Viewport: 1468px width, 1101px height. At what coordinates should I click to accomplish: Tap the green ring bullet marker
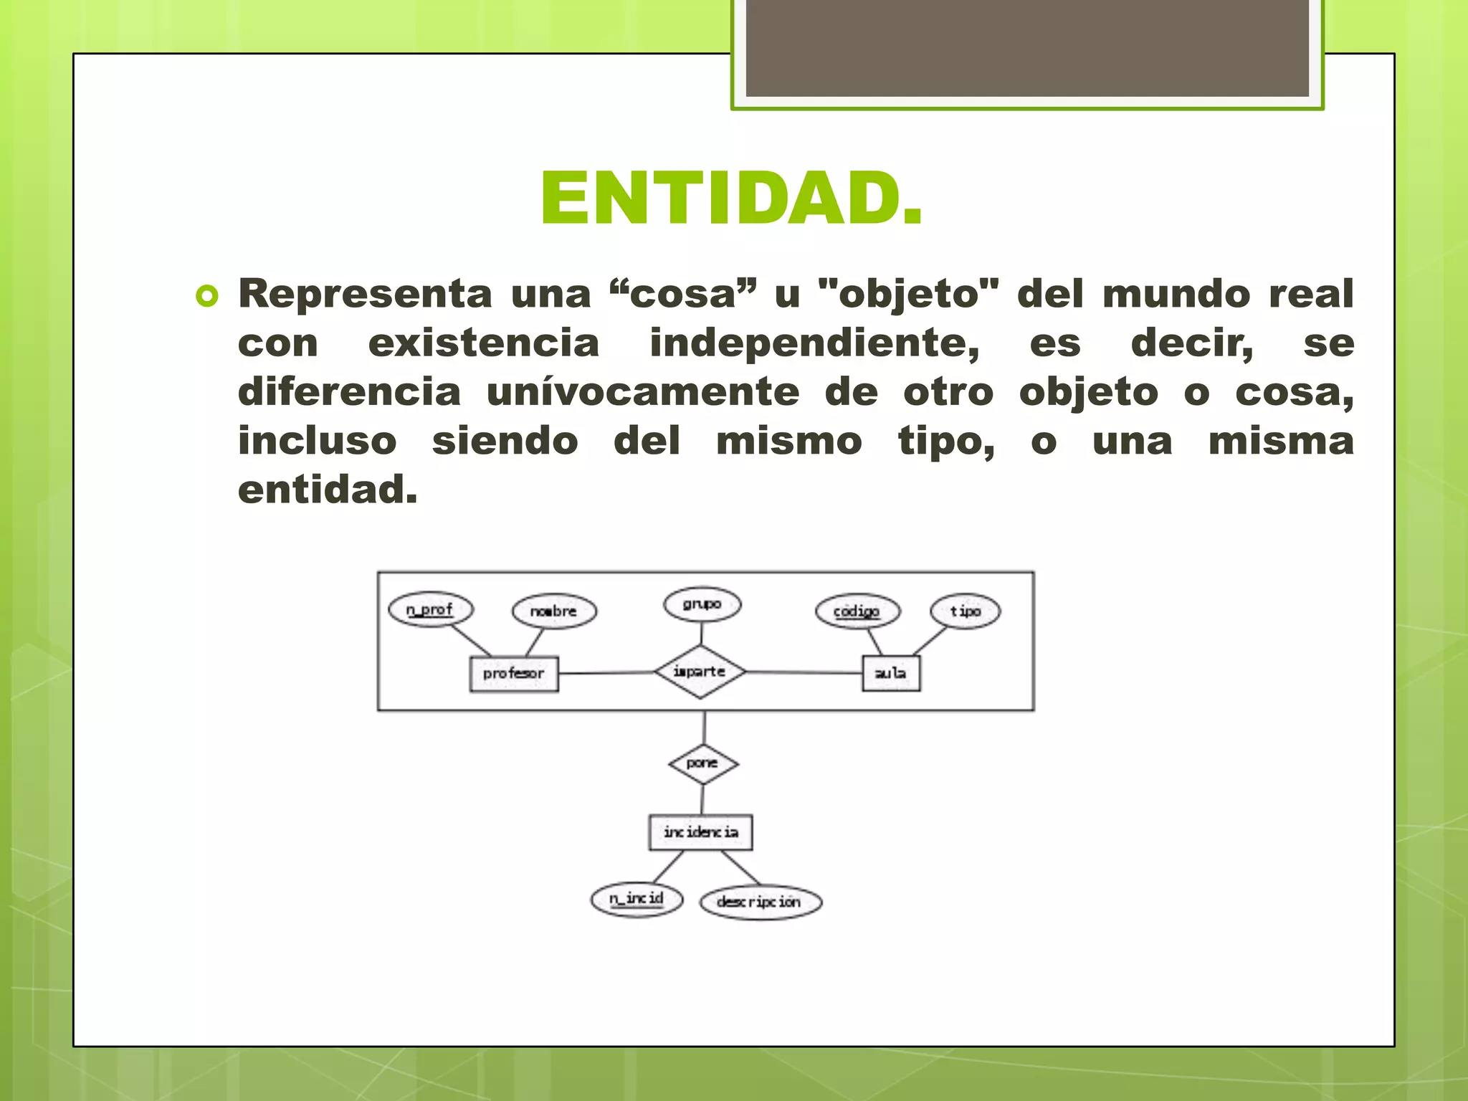tap(206, 296)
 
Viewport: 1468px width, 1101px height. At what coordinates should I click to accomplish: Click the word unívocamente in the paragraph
tap(642, 392)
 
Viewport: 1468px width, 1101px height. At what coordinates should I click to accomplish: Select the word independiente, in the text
tap(814, 343)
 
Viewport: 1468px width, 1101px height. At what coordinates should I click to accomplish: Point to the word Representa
tap(366, 294)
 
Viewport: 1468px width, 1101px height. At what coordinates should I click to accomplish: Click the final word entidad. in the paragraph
tap(327, 490)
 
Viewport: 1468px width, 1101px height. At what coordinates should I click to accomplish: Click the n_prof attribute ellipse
tap(430, 609)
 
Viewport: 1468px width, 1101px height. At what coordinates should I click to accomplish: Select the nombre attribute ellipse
tap(553, 611)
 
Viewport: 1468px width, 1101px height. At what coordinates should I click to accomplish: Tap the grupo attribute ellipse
tap(702, 604)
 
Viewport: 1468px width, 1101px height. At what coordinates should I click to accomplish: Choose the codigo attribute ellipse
tap(857, 611)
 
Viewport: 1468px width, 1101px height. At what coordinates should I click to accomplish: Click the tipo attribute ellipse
tap(965, 611)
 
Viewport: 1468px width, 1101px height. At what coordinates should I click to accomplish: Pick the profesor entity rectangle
tap(513, 674)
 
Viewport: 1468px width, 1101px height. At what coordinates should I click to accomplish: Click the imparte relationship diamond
tap(700, 672)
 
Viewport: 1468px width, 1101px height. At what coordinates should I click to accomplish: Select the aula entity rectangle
tap(890, 673)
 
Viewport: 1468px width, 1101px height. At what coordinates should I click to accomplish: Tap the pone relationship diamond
tap(702, 763)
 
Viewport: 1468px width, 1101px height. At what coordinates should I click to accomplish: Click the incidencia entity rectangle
tap(700, 832)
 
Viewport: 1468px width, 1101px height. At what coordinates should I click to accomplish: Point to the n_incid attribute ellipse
tap(637, 899)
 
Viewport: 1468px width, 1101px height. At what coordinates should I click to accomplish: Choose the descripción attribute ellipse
tap(760, 902)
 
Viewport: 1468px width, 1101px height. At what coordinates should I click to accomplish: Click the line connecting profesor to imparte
tap(606, 673)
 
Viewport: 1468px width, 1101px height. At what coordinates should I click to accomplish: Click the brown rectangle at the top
tap(1027, 48)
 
